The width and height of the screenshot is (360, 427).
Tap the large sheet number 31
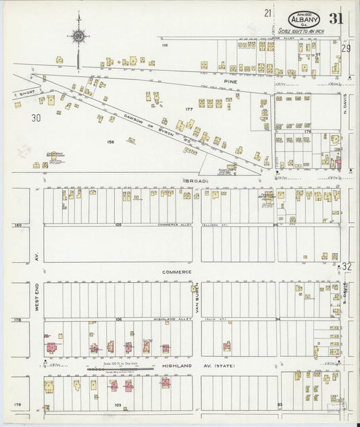coord(336,18)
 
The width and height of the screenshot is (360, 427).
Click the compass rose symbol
coord(79,36)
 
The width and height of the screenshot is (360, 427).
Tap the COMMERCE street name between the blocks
coord(177,272)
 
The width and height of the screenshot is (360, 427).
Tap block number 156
coord(109,142)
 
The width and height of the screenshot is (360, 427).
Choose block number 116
coord(164,45)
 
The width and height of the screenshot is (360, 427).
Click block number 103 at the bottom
coord(118,405)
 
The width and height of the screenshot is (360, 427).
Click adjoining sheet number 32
coord(347,266)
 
